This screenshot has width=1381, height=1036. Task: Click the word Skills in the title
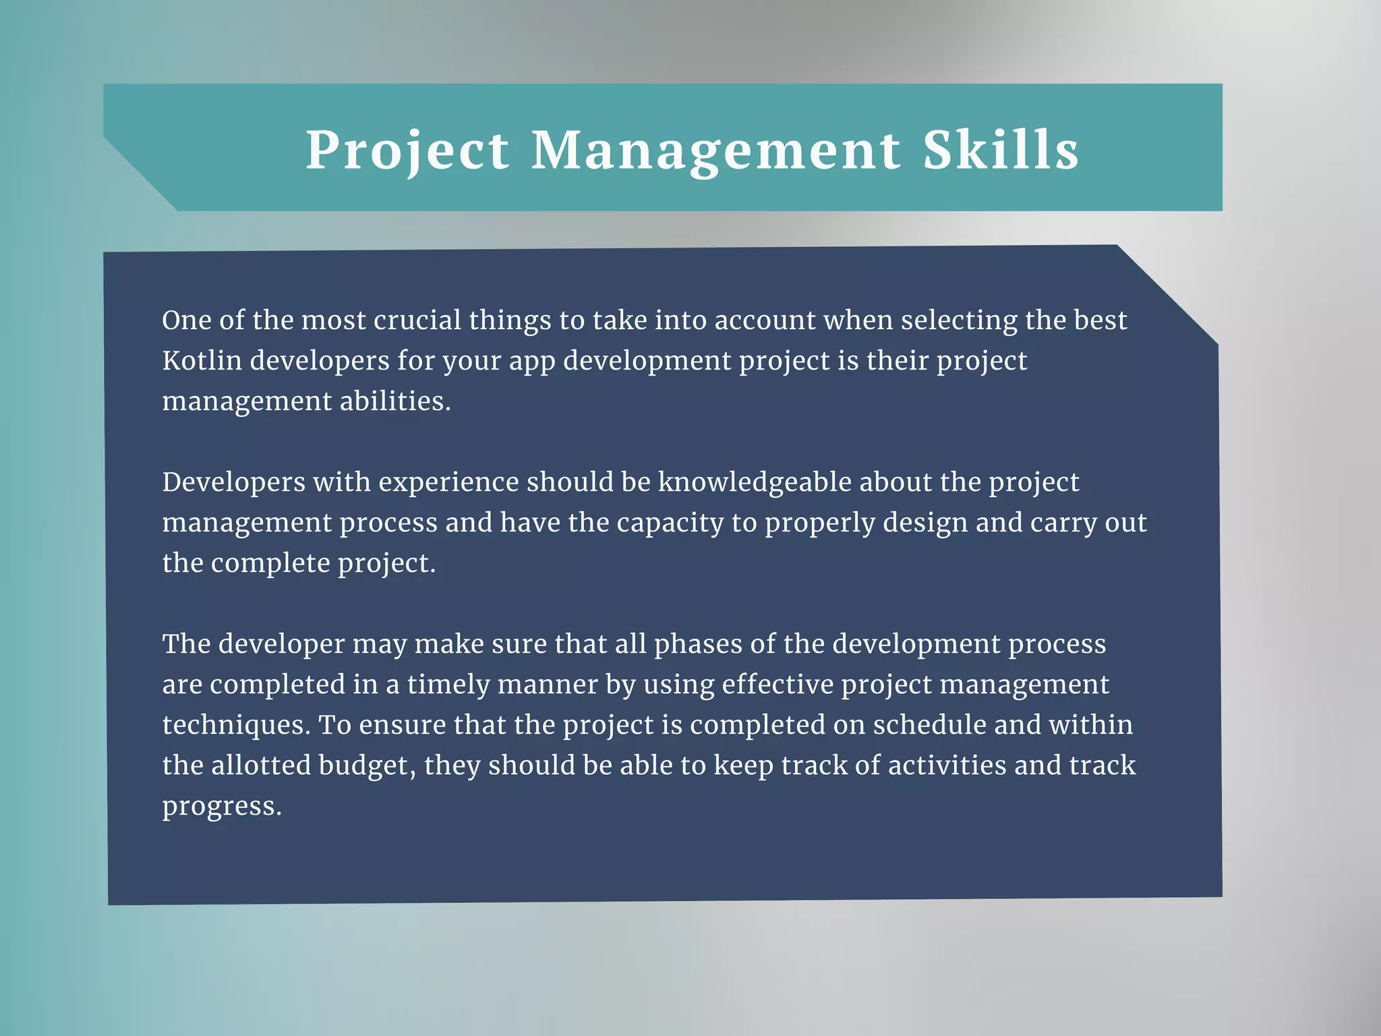click(x=1000, y=150)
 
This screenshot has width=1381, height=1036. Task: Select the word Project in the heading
click(x=407, y=150)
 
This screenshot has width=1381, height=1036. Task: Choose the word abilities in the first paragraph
click(x=394, y=401)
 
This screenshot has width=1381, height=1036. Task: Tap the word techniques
click(x=236, y=725)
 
